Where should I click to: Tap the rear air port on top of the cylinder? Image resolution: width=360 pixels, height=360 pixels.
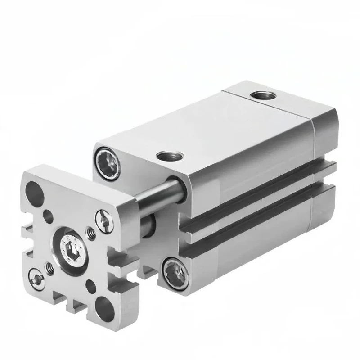(259, 95)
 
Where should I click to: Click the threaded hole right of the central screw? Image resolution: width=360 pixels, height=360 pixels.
(91, 233)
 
